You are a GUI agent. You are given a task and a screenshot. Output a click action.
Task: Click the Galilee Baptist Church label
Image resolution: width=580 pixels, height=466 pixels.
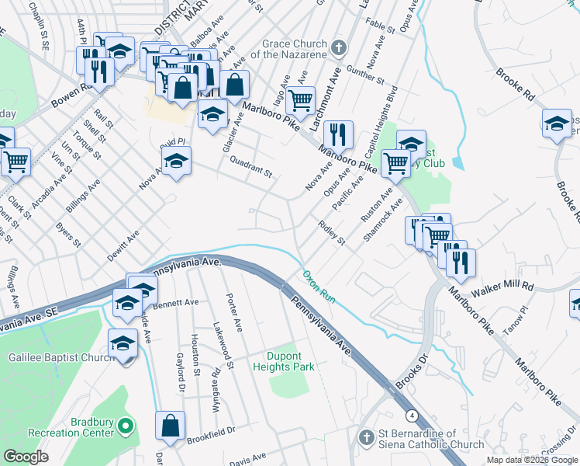click(x=52, y=356)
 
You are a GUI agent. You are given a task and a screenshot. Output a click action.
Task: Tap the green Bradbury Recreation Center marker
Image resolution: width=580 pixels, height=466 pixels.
click(x=126, y=426)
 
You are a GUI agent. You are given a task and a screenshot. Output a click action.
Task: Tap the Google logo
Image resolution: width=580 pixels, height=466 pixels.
click(x=26, y=457)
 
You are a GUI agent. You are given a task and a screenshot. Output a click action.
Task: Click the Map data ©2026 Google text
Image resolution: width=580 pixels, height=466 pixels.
click(x=531, y=459)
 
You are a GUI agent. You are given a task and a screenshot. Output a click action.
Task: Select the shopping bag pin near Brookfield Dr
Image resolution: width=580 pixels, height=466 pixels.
click(x=170, y=425)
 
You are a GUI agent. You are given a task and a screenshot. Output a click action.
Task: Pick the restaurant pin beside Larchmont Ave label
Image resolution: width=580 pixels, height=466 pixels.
click(x=337, y=134)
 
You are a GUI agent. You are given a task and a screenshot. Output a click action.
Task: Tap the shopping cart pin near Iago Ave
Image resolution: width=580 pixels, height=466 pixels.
click(x=300, y=99)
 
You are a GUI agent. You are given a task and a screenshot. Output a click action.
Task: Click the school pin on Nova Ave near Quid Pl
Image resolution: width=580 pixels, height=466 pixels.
click(x=176, y=161)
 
